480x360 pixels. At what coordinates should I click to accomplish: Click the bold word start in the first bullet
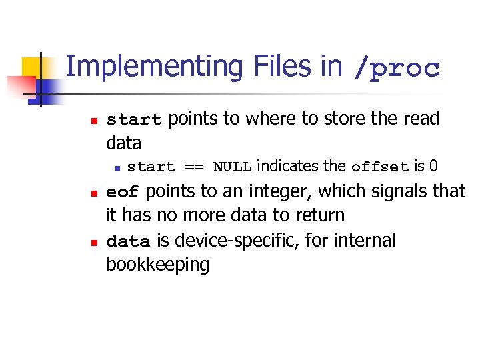134,120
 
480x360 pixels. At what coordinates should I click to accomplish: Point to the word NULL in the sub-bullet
232,167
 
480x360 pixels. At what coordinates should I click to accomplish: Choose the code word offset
381,167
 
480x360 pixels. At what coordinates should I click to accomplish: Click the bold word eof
123,193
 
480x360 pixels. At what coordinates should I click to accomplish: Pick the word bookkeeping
157,265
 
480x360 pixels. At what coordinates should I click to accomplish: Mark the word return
321,215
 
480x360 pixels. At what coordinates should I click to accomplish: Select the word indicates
287,166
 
